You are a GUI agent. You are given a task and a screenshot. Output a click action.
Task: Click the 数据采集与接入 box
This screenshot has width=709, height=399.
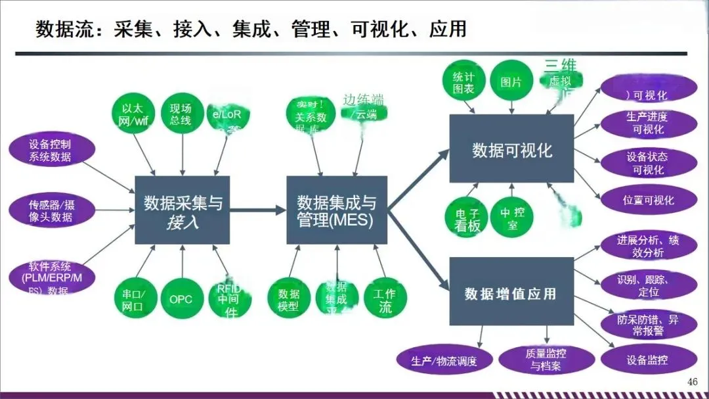(x=183, y=210)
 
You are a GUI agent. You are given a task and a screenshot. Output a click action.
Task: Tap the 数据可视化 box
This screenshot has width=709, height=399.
(x=511, y=149)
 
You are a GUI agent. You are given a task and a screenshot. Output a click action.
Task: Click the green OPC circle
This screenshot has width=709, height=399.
(x=181, y=299)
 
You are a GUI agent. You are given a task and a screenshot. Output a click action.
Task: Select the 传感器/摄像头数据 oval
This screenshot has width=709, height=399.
(x=50, y=210)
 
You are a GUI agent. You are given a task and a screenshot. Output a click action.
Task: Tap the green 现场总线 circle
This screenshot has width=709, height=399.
(x=181, y=114)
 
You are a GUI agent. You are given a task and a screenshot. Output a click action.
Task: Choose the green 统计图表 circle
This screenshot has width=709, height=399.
(x=463, y=82)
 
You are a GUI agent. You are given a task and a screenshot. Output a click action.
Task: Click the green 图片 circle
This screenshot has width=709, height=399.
(x=511, y=82)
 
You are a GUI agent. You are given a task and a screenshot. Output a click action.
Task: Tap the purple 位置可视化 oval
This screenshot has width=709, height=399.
(x=648, y=200)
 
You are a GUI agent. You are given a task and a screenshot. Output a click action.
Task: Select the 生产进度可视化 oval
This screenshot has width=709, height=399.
(x=648, y=123)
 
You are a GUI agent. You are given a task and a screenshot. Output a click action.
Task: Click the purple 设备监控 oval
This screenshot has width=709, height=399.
(x=648, y=360)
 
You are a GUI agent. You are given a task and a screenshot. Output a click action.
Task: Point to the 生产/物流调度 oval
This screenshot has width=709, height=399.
(x=444, y=360)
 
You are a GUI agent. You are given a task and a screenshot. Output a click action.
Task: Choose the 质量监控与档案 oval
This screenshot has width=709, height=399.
(x=546, y=360)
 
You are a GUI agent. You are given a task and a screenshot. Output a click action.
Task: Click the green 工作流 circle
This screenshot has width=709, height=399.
(x=385, y=300)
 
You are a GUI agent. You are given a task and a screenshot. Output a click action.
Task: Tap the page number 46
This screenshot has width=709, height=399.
(x=692, y=382)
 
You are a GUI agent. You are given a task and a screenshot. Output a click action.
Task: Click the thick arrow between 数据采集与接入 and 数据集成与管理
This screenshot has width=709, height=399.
(x=258, y=210)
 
